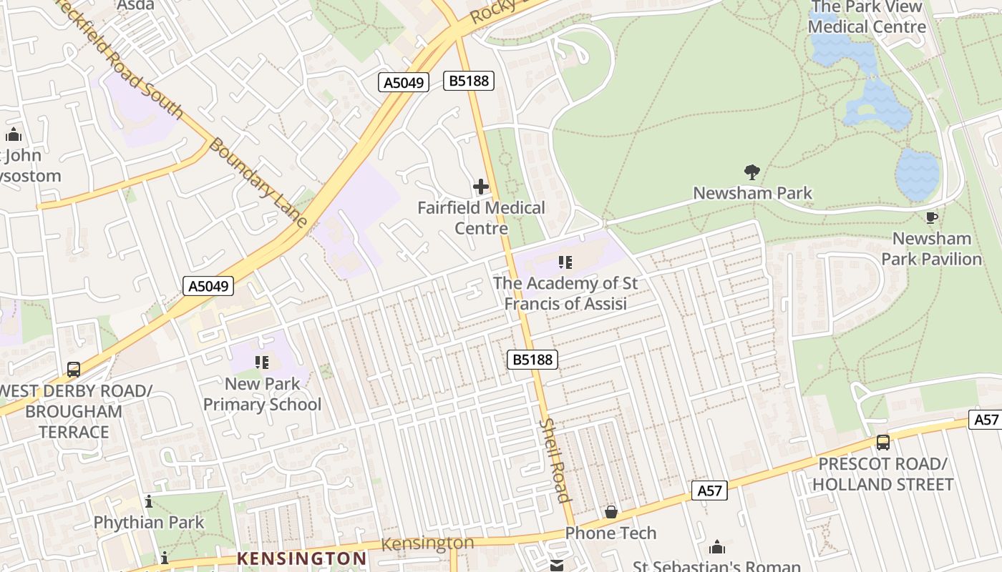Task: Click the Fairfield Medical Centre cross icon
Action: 481,187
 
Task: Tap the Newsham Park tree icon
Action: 751,172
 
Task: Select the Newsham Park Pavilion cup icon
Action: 931,217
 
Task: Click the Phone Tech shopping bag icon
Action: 611,512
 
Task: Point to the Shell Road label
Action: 555,460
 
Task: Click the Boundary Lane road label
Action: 258,183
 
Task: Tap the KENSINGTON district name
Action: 301,558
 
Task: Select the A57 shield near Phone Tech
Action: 709,490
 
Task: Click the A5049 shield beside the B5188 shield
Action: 404,82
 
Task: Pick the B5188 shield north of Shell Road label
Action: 533,360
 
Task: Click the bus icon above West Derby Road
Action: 74,370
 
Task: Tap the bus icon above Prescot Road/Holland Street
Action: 883,443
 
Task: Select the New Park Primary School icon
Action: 262,363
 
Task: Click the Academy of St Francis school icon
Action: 565,262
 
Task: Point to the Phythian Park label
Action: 149,523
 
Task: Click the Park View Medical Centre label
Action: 866,17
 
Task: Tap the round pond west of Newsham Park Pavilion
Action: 917,174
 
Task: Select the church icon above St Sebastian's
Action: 717,547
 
